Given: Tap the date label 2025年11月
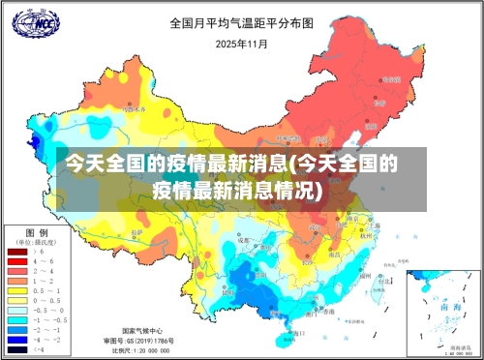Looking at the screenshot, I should coord(242,44).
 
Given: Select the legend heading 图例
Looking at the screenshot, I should coord(38,232).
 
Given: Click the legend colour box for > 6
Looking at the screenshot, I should coord(17,252).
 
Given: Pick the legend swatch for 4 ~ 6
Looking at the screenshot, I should coord(17,261).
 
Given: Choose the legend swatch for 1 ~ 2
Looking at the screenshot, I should coord(17,280).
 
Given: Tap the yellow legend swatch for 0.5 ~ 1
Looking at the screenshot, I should coord(17,289).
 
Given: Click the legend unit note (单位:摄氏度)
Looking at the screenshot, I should coord(38,242).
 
